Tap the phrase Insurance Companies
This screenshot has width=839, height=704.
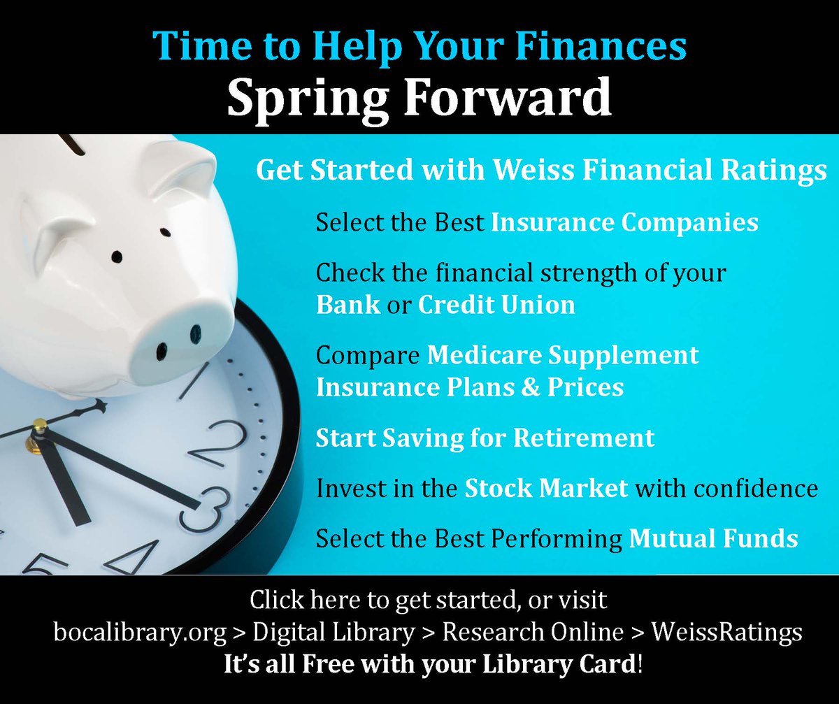click(x=624, y=222)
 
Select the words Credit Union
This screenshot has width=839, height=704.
click(x=496, y=305)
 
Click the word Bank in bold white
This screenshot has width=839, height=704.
click(x=348, y=305)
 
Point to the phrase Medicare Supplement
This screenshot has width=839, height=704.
click(x=563, y=354)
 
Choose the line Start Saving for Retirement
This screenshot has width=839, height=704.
click(x=485, y=438)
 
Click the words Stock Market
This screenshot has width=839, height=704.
click(x=546, y=488)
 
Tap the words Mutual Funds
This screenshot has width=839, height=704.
click(x=713, y=538)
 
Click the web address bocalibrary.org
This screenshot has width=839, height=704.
click(x=140, y=633)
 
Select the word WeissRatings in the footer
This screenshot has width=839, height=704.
click(x=727, y=633)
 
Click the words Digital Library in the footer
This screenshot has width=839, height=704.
click(x=334, y=633)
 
